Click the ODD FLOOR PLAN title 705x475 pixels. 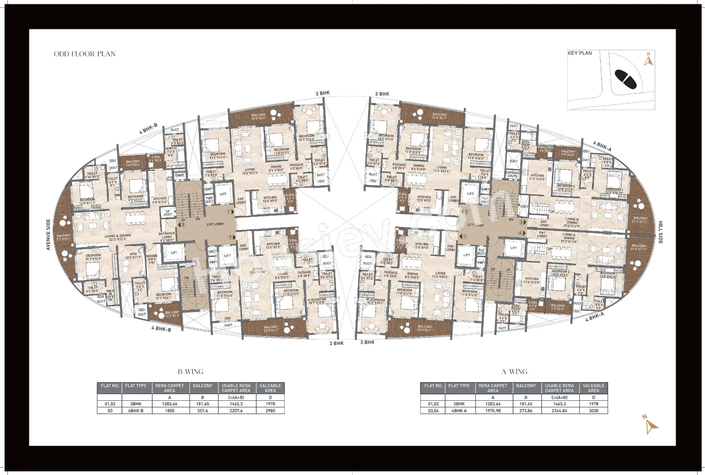85,54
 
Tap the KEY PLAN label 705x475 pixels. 579,53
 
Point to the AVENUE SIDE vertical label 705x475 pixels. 48,235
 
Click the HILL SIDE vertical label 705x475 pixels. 660,232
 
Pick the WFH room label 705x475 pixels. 133,255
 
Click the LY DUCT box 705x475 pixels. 168,213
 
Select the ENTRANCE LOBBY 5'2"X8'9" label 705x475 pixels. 166,237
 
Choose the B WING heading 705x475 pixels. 190,371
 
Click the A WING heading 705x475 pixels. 514,371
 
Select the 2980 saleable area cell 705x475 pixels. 270,411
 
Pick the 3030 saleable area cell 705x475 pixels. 593,411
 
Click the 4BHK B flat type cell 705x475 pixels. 136,411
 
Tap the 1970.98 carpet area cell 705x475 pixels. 492,411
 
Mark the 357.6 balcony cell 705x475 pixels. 203,411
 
